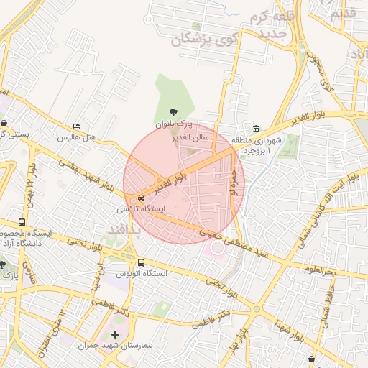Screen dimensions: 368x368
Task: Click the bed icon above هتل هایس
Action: (x=77, y=126)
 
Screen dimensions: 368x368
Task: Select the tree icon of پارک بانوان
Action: (x=172, y=112)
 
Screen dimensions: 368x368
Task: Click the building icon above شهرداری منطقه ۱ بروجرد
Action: (x=257, y=128)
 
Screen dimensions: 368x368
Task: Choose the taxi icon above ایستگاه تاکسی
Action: (x=139, y=198)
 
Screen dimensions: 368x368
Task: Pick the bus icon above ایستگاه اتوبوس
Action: (x=141, y=262)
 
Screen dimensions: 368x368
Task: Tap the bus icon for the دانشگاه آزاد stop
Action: (x=22, y=222)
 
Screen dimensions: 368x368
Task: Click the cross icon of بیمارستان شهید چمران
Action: (x=115, y=335)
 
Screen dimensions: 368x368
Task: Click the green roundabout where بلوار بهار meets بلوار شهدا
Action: (x=257, y=309)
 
